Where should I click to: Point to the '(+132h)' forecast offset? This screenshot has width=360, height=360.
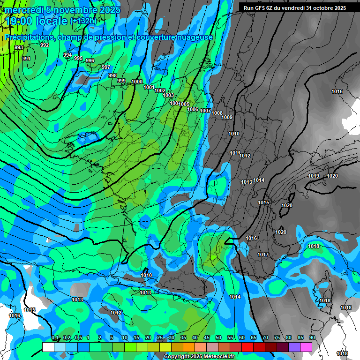[x=84, y=21]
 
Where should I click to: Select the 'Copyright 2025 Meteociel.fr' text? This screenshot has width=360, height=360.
[x=199, y=356]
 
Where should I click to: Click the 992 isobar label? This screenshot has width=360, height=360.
[x=45, y=45]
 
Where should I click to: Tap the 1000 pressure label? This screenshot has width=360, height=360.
[x=137, y=82]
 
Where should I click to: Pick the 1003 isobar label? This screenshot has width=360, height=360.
[x=168, y=95]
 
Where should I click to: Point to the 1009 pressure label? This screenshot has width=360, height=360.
[x=227, y=117]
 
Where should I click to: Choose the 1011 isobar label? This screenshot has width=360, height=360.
[x=235, y=153]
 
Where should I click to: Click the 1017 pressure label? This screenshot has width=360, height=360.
[x=263, y=255]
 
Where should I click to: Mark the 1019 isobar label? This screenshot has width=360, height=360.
[x=314, y=176]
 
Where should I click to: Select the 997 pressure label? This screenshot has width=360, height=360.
[x=106, y=67]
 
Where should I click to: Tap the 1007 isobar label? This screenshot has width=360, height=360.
[x=205, y=111]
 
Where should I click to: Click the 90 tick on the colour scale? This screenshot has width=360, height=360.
[x=312, y=338]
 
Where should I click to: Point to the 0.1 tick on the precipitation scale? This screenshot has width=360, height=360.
[x=55, y=338]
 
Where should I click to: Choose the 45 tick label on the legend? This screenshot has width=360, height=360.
[x=207, y=338]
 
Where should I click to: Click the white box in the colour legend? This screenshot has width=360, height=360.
[x=48, y=347]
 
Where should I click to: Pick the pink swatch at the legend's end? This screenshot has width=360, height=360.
[x=306, y=347]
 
